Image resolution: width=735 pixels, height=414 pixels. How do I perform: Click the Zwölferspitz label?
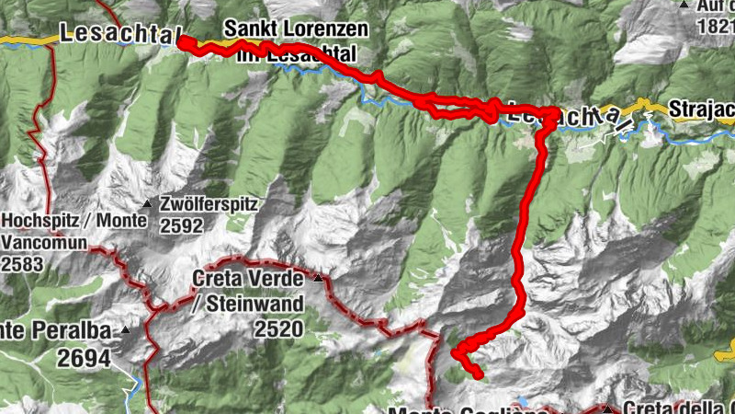[x=208, y=204]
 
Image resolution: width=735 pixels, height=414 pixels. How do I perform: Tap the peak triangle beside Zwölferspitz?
[x=146, y=203]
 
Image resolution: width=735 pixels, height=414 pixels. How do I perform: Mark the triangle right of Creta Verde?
[x=318, y=278]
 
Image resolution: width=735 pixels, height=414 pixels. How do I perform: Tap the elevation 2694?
[x=88, y=358]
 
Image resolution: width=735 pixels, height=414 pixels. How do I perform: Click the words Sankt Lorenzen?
[x=295, y=29]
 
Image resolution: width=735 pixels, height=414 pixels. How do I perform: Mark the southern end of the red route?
[x=478, y=374]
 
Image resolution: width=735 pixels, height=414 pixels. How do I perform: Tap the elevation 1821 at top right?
[x=716, y=26]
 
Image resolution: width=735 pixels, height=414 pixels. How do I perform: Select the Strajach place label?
[x=702, y=106]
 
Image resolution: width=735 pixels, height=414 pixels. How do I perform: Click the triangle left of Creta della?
[x=607, y=409]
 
